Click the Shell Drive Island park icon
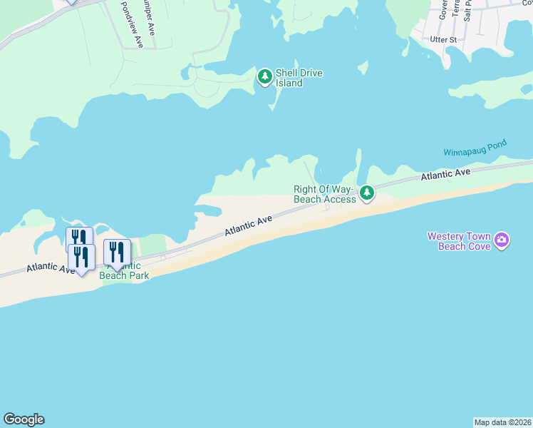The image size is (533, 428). [x=265, y=76]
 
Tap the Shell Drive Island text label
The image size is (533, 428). [x=299, y=78]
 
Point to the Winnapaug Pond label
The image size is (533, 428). [x=475, y=148]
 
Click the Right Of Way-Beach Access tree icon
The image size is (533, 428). [x=366, y=193]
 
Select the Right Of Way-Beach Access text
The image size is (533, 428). [x=324, y=194]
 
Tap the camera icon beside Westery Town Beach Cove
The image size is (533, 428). [x=502, y=240]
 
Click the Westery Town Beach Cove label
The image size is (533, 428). [x=459, y=241]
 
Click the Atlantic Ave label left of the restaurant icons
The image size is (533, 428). [x=50, y=267]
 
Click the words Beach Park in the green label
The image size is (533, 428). [x=124, y=275]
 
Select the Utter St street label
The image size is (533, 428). [x=443, y=41]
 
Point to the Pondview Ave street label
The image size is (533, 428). [x=132, y=24]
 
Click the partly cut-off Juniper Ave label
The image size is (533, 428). [x=148, y=16]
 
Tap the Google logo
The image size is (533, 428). [x=24, y=419]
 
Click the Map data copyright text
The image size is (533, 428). [x=503, y=422]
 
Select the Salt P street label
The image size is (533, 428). [x=467, y=11]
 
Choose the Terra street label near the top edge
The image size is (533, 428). [x=455, y=10]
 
